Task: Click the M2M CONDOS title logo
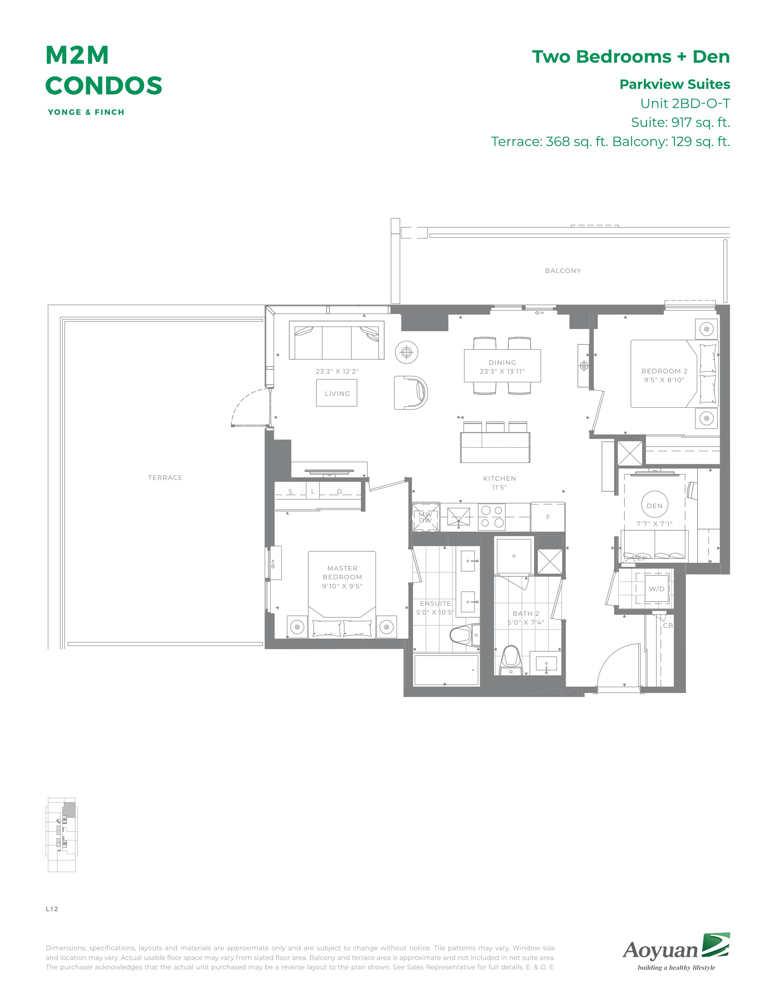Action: coord(103,70)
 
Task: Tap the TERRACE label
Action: coord(165,478)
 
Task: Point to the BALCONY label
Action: coord(563,271)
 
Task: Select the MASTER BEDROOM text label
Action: coord(342,573)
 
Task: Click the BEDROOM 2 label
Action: coord(664,371)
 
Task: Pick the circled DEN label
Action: coord(655,506)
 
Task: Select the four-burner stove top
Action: coord(492,516)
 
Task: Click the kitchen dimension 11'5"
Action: coord(499,487)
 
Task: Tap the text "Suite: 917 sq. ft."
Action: coord(680,122)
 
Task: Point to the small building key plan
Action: coord(61,835)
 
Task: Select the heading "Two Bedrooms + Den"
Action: coord(631,57)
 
